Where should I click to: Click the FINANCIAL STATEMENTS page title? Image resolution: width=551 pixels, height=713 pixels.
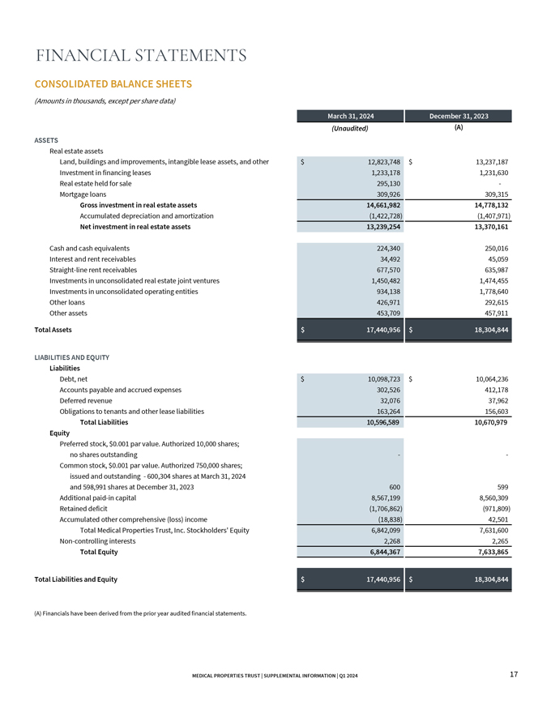(142, 56)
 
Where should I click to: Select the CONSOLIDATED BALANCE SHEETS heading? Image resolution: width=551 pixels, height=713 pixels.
(113, 84)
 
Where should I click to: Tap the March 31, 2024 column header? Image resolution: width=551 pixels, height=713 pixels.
(350, 117)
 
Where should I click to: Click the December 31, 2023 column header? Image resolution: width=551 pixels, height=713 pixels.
(459, 117)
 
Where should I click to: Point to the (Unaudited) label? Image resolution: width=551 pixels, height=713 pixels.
(350, 129)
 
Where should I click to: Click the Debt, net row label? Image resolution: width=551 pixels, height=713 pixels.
(78, 378)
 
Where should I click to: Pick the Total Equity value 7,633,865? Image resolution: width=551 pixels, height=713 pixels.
(489, 552)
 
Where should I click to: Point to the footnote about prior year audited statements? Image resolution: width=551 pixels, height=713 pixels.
(140, 613)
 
